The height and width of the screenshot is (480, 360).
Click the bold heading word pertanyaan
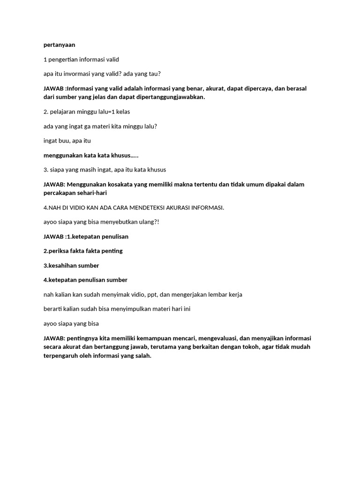click(59, 45)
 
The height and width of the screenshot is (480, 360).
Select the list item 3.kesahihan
click(62, 265)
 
